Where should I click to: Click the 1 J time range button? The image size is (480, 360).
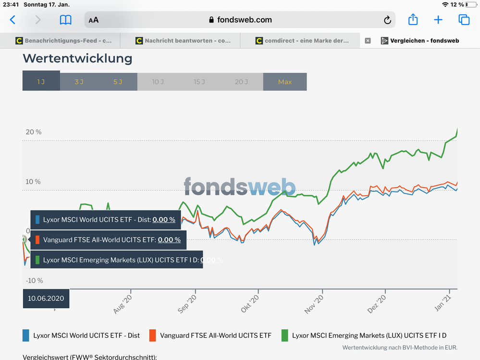[41, 82]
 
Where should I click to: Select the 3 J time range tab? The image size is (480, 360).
[79, 82]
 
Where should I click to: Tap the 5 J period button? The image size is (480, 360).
[118, 82]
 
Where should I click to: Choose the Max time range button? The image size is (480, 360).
[285, 82]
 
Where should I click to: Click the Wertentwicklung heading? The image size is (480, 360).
[77, 59]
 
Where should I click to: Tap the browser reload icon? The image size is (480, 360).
[387, 20]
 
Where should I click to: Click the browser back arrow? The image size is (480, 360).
[12, 20]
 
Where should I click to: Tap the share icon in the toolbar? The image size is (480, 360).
[413, 20]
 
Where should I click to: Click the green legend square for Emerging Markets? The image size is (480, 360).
[284, 335]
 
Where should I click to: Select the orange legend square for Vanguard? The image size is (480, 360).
[153, 335]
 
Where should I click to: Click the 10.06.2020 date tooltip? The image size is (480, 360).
[46, 298]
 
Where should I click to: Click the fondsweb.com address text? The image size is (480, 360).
[244, 20]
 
